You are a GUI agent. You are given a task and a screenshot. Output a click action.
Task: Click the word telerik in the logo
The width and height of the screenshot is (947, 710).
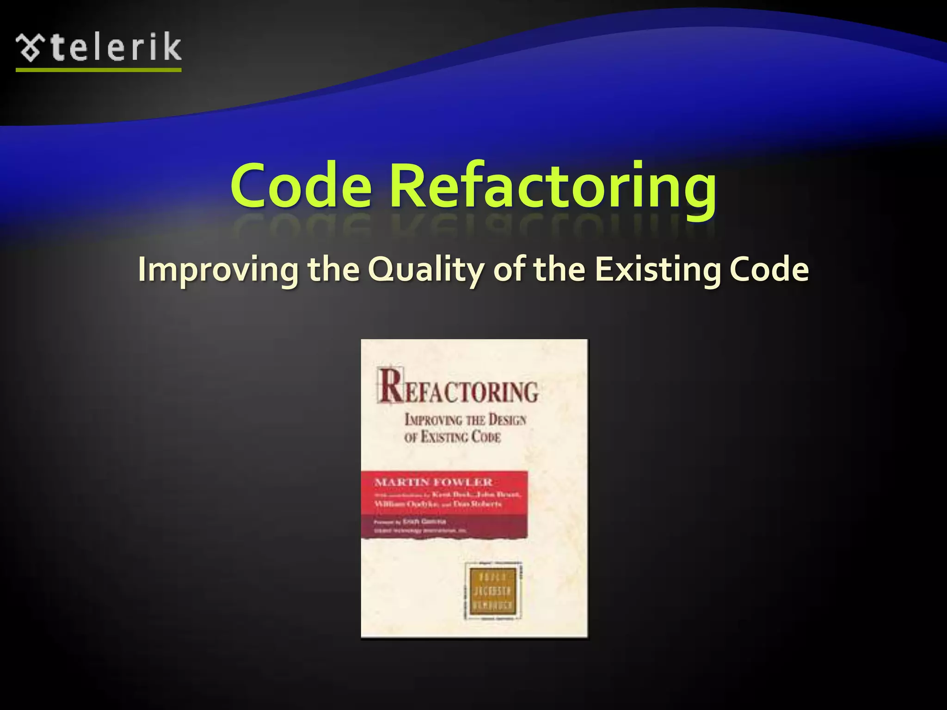(x=116, y=47)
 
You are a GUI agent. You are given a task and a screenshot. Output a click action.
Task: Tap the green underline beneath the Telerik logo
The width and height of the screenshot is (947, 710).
(x=98, y=70)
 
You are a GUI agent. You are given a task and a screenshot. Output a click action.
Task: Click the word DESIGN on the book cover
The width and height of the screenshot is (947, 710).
(x=507, y=420)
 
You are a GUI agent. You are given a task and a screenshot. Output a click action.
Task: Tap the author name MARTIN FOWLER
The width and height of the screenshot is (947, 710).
(x=434, y=482)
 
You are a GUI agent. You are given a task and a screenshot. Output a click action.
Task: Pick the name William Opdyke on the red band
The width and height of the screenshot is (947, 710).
(x=406, y=504)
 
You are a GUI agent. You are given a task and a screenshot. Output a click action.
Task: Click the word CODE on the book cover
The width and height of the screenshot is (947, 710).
(x=486, y=437)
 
